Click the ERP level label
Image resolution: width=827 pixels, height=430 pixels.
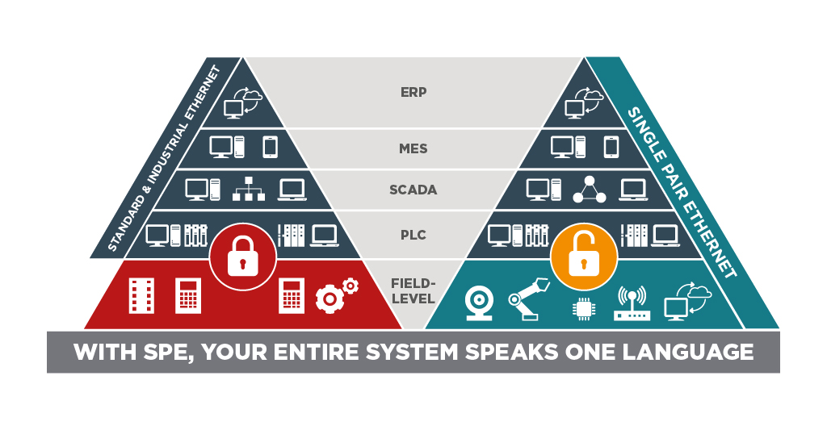click(x=413, y=92)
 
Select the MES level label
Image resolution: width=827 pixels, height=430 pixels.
click(x=413, y=149)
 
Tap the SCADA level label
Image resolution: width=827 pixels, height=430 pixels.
click(x=413, y=190)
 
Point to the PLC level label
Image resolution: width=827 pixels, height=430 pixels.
click(x=413, y=236)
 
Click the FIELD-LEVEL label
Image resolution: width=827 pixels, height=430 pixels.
click(x=413, y=291)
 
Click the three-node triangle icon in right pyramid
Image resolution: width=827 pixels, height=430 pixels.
click(x=589, y=190)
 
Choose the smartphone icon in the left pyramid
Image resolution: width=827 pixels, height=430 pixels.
click(x=270, y=147)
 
